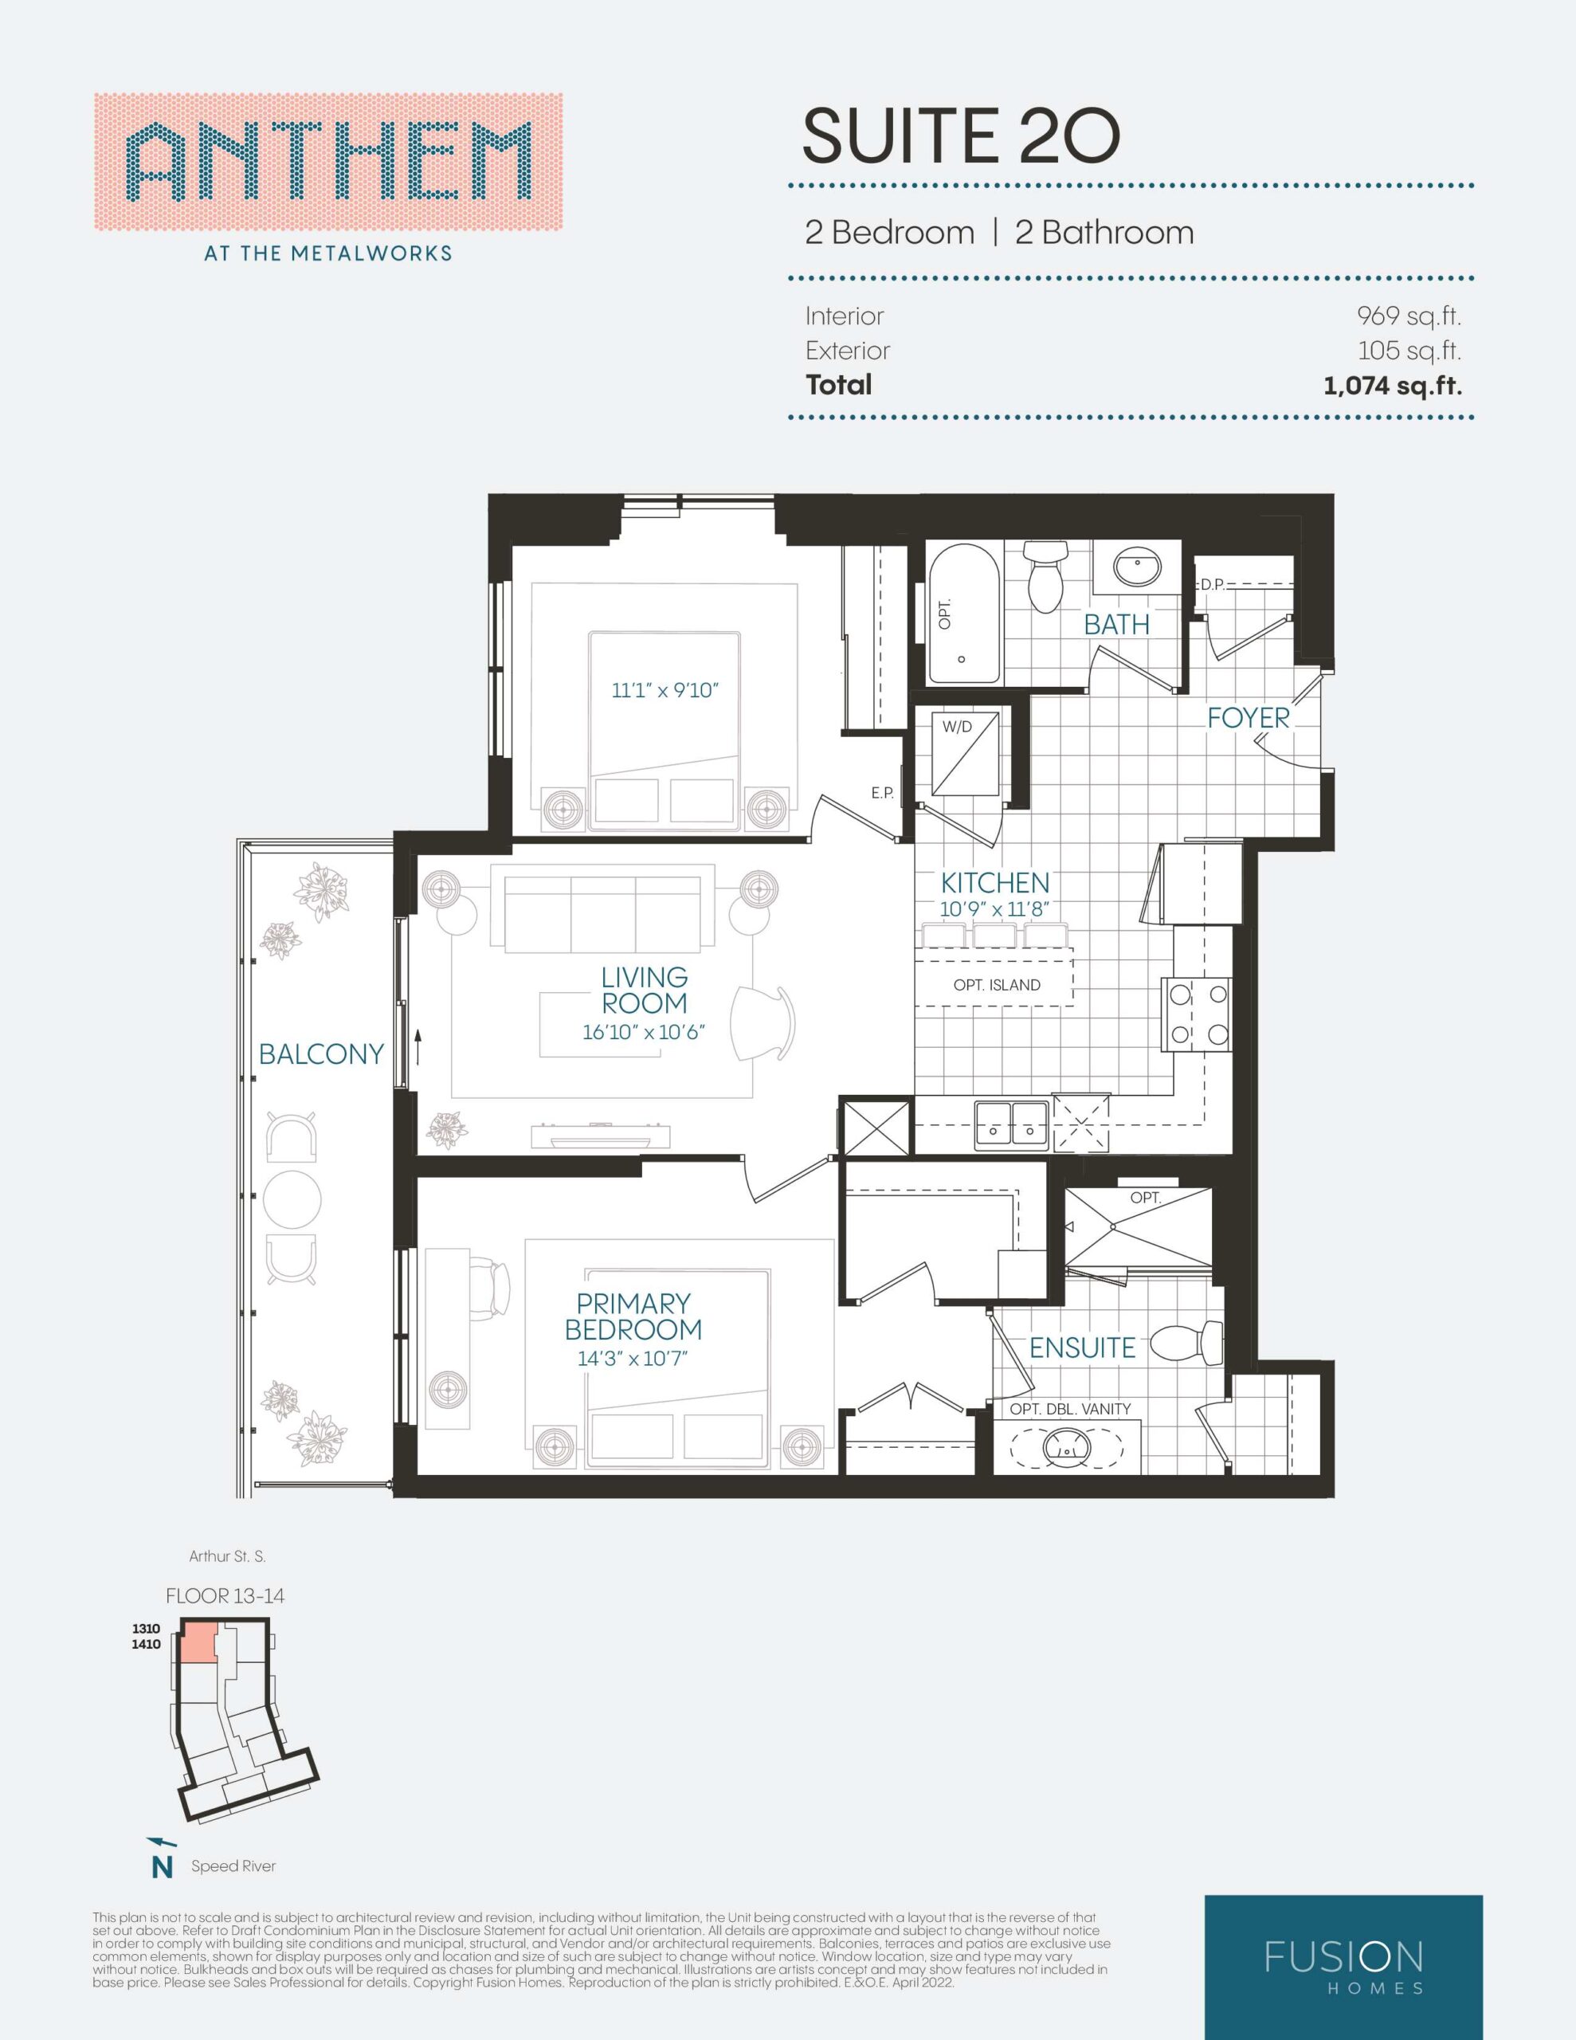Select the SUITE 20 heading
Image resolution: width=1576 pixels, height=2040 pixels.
click(x=960, y=136)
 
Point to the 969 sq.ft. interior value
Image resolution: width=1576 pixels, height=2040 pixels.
click(x=1409, y=316)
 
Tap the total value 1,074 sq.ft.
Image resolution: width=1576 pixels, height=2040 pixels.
click(x=1392, y=385)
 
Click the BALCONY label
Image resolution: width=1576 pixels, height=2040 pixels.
click(x=321, y=1053)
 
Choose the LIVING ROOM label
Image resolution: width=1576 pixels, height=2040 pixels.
click(x=645, y=990)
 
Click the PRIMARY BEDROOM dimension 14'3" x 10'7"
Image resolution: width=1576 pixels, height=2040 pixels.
click(x=633, y=1358)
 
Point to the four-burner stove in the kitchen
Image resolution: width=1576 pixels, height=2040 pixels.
click(x=1197, y=1014)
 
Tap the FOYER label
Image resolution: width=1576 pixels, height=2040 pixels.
click(x=1248, y=717)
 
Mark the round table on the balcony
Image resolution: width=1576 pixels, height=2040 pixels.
click(x=292, y=1199)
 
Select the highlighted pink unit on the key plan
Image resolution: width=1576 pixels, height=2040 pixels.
click(x=198, y=1641)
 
